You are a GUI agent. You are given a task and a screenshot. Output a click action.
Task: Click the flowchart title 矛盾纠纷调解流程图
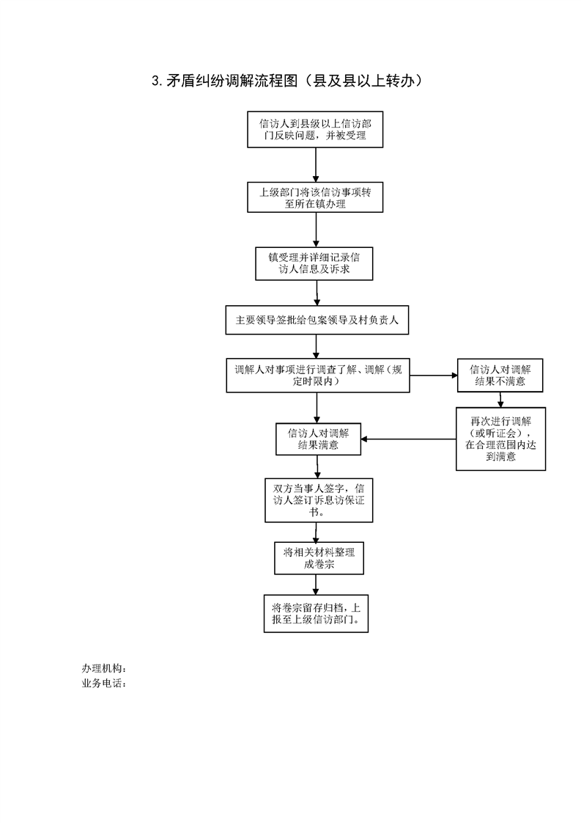(x=232, y=81)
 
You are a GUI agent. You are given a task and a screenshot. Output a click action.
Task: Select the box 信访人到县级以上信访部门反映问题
(x=315, y=129)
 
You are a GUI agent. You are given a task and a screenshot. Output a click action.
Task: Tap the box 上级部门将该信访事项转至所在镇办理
(x=315, y=197)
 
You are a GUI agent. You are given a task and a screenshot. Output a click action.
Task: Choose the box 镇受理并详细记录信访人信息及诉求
(x=314, y=263)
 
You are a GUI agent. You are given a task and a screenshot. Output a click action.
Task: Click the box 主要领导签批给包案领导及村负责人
(x=317, y=320)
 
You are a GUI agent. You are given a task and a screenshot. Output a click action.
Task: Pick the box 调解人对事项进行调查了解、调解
(x=318, y=376)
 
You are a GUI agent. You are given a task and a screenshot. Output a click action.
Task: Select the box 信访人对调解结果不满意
(x=500, y=376)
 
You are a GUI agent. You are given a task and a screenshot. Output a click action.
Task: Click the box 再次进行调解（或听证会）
(x=500, y=439)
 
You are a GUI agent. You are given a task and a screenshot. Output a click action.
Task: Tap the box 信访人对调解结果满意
(x=318, y=439)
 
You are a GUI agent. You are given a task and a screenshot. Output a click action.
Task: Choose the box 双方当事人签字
(x=319, y=500)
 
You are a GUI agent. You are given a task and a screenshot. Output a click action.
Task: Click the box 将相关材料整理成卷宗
(x=319, y=558)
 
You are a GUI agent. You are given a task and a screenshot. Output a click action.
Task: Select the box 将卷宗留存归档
(x=317, y=613)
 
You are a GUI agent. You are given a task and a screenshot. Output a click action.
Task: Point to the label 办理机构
(x=104, y=669)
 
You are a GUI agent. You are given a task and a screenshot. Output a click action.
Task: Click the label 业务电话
(x=104, y=684)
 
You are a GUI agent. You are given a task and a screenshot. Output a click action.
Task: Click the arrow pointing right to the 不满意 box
(x=434, y=376)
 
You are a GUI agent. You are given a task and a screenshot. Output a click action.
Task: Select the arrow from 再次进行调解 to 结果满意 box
(x=409, y=439)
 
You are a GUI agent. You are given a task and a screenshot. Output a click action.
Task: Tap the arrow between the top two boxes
(x=316, y=165)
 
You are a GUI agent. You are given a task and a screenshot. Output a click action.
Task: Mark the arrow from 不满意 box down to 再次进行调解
(x=500, y=400)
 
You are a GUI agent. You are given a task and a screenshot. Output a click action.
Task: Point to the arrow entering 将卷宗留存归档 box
(x=316, y=585)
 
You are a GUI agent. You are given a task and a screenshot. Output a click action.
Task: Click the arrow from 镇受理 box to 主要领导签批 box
(x=317, y=293)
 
